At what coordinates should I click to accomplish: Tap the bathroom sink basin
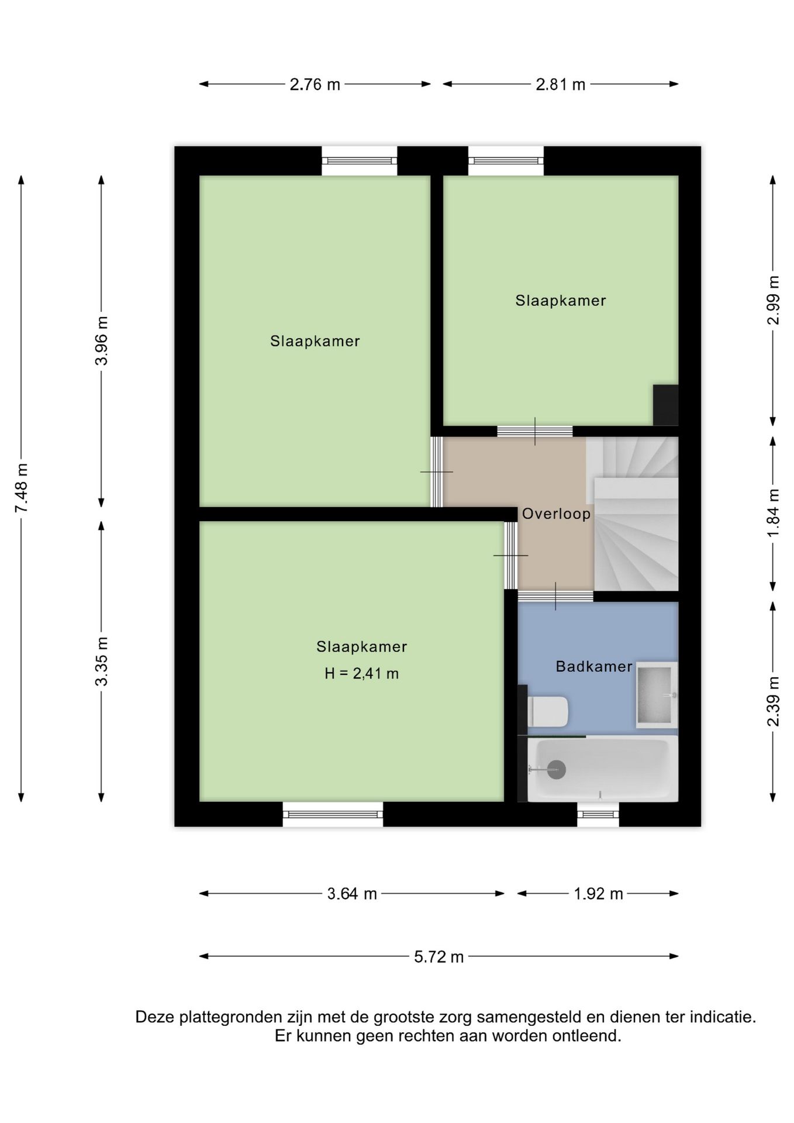(x=657, y=695)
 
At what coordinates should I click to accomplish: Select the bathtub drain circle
(x=556, y=770)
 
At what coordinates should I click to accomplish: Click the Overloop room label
(x=556, y=514)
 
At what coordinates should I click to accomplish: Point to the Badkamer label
(x=594, y=666)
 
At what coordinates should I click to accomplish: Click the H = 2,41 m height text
(x=362, y=674)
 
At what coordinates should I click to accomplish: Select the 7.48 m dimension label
(x=22, y=488)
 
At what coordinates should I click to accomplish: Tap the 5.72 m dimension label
(x=439, y=957)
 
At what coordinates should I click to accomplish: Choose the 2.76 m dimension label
(x=315, y=84)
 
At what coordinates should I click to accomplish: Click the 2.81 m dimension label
(x=561, y=84)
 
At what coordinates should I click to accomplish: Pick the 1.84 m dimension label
(x=774, y=512)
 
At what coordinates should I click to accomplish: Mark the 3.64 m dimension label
(x=352, y=894)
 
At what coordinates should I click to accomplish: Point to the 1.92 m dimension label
(x=598, y=894)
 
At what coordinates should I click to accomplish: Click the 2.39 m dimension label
(x=774, y=701)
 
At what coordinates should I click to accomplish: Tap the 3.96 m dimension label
(x=102, y=340)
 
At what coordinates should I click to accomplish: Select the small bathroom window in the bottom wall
(x=598, y=814)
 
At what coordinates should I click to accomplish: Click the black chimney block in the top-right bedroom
(x=665, y=405)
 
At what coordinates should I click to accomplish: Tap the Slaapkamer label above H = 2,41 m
(x=362, y=647)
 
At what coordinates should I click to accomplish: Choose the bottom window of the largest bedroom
(x=333, y=814)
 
